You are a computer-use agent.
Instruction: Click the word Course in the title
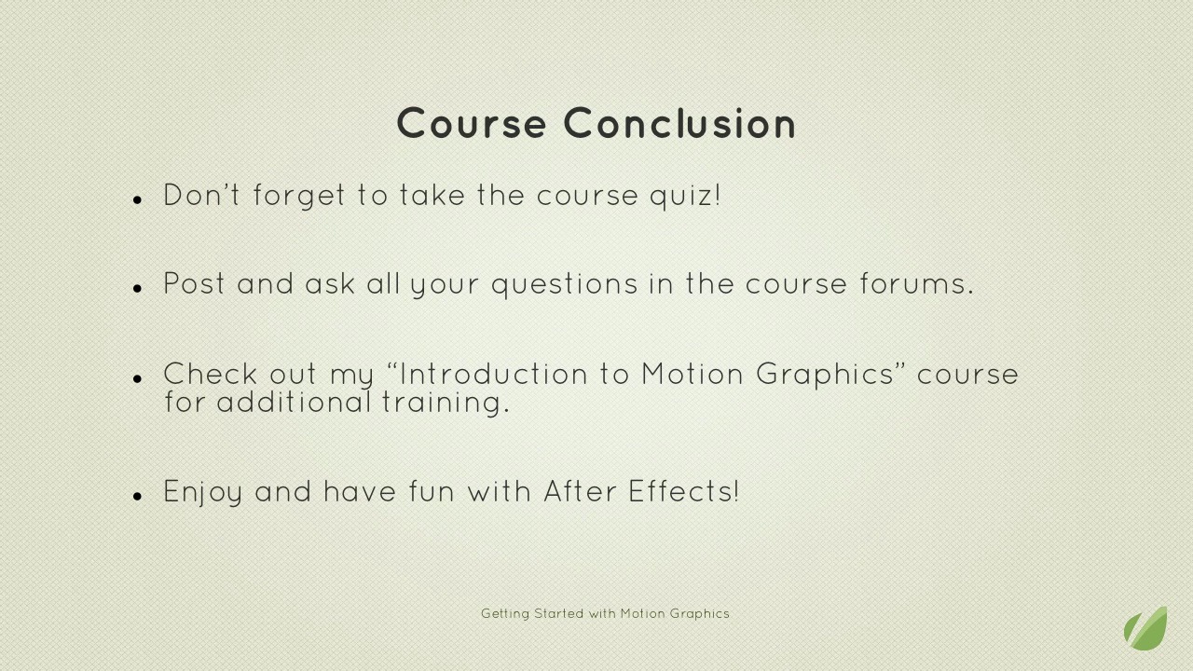click(472, 123)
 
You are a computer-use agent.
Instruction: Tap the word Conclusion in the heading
click(679, 123)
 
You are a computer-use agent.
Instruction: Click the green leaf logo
click(1145, 628)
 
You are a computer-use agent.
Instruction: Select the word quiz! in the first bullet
click(685, 196)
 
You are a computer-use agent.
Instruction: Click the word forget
click(299, 196)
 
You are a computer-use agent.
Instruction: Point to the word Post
click(194, 283)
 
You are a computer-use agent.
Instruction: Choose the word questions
click(565, 284)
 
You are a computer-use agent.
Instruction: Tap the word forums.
click(917, 283)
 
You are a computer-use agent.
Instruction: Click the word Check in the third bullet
click(211, 374)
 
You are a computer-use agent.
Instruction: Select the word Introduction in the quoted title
click(494, 374)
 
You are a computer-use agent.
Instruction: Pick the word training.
click(446, 402)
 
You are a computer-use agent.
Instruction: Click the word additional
click(294, 402)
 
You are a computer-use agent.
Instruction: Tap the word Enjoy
click(203, 491)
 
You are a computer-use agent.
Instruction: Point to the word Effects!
click(684, 491)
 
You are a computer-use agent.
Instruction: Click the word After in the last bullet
click(580, 491)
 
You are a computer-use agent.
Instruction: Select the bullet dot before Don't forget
click(137, 200)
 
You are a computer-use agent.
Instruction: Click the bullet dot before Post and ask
click(137, 289)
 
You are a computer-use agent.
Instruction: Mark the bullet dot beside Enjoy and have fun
click(137, 497)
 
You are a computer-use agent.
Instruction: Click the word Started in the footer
click(558, 613)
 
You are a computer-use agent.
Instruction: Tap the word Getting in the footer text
click(505, 614)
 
